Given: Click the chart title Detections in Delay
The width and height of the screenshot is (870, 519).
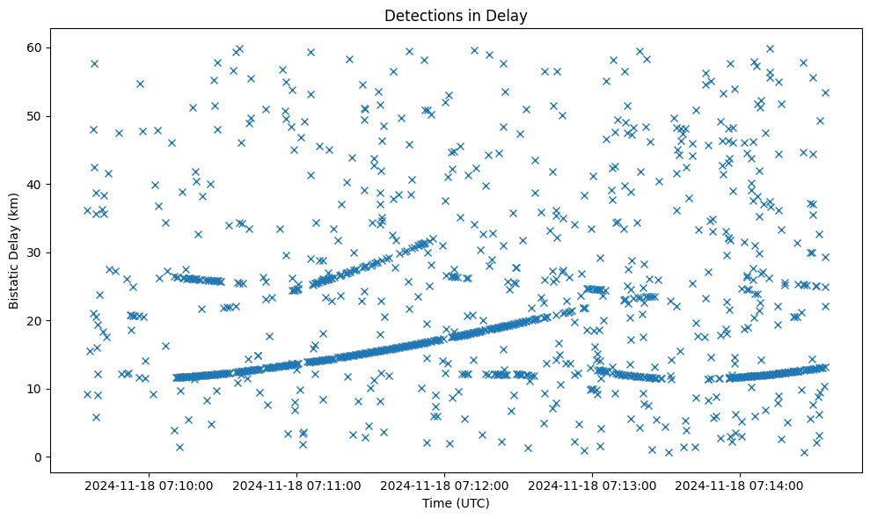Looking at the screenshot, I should click(x=456, y=15).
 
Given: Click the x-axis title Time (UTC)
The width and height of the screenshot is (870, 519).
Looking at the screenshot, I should click(x=456, y=503).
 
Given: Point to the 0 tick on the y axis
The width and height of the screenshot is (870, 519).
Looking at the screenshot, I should click(x=40, y=457).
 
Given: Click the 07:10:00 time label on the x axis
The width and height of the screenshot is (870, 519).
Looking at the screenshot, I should click(x=149, y=485).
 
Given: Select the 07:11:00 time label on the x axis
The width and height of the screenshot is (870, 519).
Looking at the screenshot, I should click(x=296, y=485).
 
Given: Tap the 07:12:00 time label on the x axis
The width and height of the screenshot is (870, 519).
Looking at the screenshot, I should click(x=444, y=485).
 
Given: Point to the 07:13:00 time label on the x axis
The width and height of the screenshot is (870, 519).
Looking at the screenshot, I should click(x=592, y=485).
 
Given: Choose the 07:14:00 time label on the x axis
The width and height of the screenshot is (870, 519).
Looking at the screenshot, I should click(x=740, y=485).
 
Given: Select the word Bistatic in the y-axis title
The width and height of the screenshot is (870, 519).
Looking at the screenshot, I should click(x=15, y=282).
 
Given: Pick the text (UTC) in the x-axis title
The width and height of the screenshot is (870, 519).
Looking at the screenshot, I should click(x=472, y=503).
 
